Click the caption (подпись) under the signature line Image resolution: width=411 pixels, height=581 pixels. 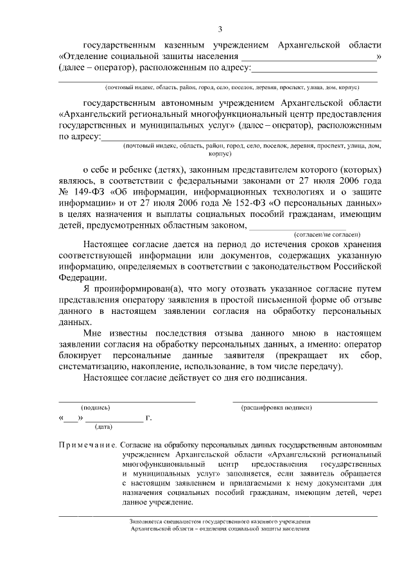pyautogui.click(x=95, y=407)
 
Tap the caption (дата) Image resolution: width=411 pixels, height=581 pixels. pyautogui.click(x=103, y=426)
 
